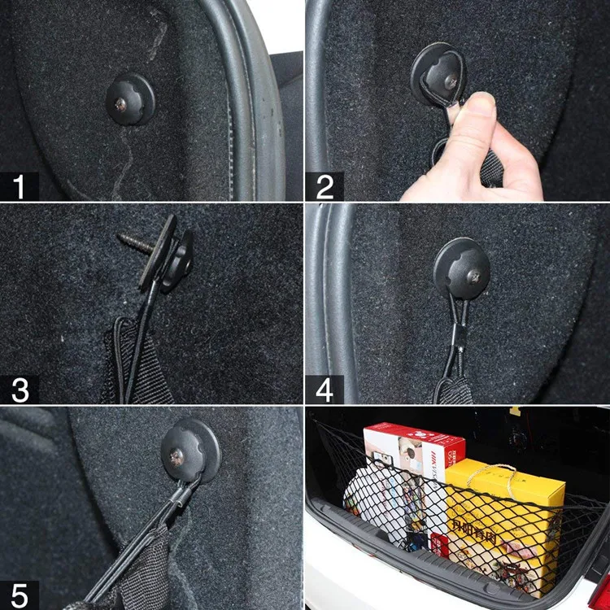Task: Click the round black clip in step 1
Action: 130,98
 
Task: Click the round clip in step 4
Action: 461,268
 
